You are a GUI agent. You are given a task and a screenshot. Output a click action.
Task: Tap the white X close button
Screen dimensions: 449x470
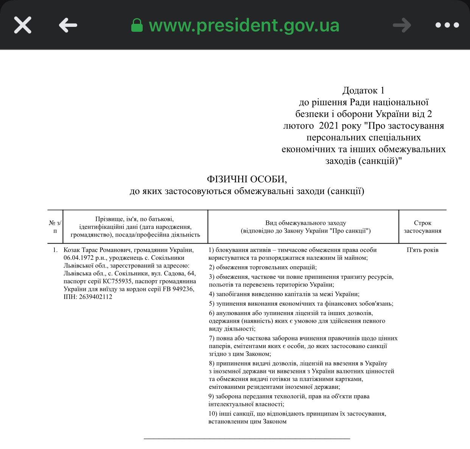[23, 25]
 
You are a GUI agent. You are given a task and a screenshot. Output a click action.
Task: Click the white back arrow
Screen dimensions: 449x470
[68, 25]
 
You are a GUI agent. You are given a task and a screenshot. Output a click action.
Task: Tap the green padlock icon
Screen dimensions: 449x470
[137, 26]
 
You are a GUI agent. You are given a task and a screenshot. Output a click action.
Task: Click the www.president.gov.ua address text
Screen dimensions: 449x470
[244, 25]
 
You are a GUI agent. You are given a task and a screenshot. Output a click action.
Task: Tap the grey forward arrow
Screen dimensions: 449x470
[402, 25]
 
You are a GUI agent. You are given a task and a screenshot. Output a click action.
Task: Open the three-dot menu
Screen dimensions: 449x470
[447, 25]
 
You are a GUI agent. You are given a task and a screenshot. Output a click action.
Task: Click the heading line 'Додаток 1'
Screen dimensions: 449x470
[363, 90]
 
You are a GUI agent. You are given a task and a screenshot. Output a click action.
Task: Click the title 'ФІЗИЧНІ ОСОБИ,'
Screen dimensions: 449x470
[247, 179]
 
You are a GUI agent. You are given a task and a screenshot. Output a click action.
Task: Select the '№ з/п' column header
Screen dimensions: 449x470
[55, 227]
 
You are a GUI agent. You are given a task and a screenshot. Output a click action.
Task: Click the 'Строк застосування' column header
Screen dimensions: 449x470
[422, 227]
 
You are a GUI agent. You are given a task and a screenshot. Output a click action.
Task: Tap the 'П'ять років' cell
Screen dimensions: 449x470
[422, 250]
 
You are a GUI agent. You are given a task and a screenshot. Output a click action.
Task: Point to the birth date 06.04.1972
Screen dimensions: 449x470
[79, 258]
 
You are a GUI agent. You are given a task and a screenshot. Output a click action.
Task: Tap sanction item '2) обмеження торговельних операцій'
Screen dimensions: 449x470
[263, 267]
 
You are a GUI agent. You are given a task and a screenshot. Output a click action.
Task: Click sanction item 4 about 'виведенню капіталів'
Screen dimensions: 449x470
[284, 294]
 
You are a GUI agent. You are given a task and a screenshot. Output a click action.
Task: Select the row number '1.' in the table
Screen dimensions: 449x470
[55, 250]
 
